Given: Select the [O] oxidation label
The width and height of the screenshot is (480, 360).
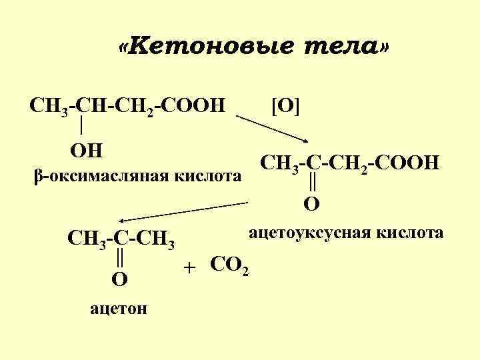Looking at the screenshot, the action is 285,105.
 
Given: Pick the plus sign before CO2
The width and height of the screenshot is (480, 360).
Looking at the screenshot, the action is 191,267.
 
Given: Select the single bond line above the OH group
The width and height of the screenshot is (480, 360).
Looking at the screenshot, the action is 81,124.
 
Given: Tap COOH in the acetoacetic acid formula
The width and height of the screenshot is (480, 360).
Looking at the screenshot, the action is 407,162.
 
